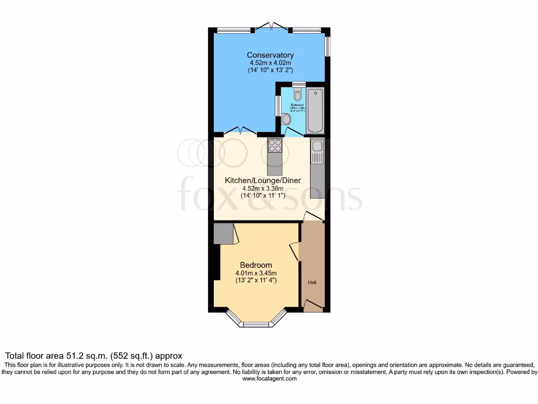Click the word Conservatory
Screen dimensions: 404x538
pyautogui.click(x=270, y=55)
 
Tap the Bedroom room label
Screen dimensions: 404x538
pyautogui.click(x=256, y=265)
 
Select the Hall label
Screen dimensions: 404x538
pyautogui.click(x=313, y=282)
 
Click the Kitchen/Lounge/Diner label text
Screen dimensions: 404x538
pyautogui.click(x=263, y=180)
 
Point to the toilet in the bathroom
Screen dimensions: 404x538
pyautogui.click(x=297, y=94)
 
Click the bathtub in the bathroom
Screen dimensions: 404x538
pyautogui.click(x=316, y=110)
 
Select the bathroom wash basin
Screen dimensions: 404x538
pyautogui.click(x=286, y=119)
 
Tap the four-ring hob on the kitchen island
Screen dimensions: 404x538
pyautogui.click(x=275, y=145)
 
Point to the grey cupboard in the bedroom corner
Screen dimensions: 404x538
pyautogui.click(x=223, y=233)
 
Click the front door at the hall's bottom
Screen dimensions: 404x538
pyautogui.click(x=313, y=306)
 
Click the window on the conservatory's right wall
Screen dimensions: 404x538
pyautogui.click(x=327, y=46)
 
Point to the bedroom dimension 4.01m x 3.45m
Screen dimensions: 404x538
pyautogui.click(x=256, y=273)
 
